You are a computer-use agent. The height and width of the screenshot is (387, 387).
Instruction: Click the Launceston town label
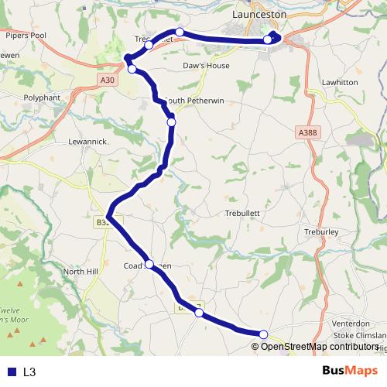[x=260, y=14]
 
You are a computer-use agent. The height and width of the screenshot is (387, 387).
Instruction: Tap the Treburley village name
[x=323, y=231]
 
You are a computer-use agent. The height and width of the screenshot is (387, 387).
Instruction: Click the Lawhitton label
[x=341, y=82]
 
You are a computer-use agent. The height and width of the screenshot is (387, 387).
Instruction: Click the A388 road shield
[x=307, y=133]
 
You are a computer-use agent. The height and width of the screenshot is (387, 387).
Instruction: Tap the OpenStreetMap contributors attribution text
[x=317, y=346]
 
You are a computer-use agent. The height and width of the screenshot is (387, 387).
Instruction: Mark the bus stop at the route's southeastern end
[x=263, y=334]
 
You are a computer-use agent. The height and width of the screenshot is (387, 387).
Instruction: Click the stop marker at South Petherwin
[x=171, y=122]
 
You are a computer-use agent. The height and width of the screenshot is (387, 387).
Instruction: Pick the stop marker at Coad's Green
[x=149, y=264]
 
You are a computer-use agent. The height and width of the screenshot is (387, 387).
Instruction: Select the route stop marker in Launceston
[x=268, y=39]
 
